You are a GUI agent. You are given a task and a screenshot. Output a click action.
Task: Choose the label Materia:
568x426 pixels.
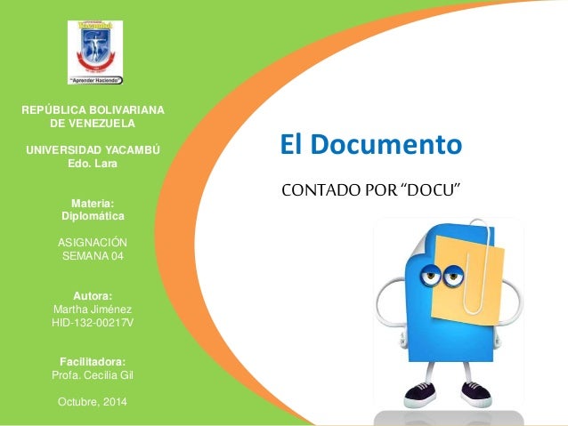[x=93, y=202]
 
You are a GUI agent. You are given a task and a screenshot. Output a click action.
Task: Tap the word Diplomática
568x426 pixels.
[x=93, y=216]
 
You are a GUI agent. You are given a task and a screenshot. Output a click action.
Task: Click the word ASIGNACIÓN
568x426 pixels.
[x=93, y=243]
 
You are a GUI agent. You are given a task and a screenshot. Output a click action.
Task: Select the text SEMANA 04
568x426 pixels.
[x=93, y=257]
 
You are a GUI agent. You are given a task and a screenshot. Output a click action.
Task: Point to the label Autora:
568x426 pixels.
[x=93, y=294]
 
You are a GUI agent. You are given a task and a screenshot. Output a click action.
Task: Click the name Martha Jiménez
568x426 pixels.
[x=93, y=309]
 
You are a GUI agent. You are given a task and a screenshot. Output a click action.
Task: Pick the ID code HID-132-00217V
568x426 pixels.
[x=93, y=323]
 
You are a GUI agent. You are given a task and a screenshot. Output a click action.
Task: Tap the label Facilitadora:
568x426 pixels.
[x=93, y=360]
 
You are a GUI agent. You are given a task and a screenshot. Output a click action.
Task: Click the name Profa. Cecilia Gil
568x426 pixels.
[x=93, y=374]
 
